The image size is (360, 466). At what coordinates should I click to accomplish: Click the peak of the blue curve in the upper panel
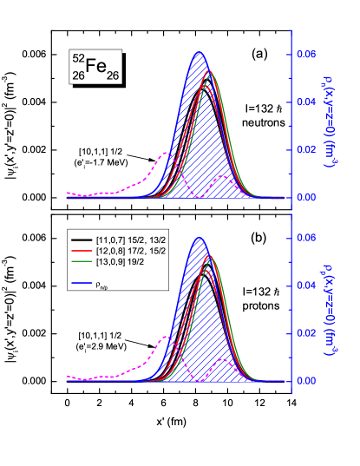199,53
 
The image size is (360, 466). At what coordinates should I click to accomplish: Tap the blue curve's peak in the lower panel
199,237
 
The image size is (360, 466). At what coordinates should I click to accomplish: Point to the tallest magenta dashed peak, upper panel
167,153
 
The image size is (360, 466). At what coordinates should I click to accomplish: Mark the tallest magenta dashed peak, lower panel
167,337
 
